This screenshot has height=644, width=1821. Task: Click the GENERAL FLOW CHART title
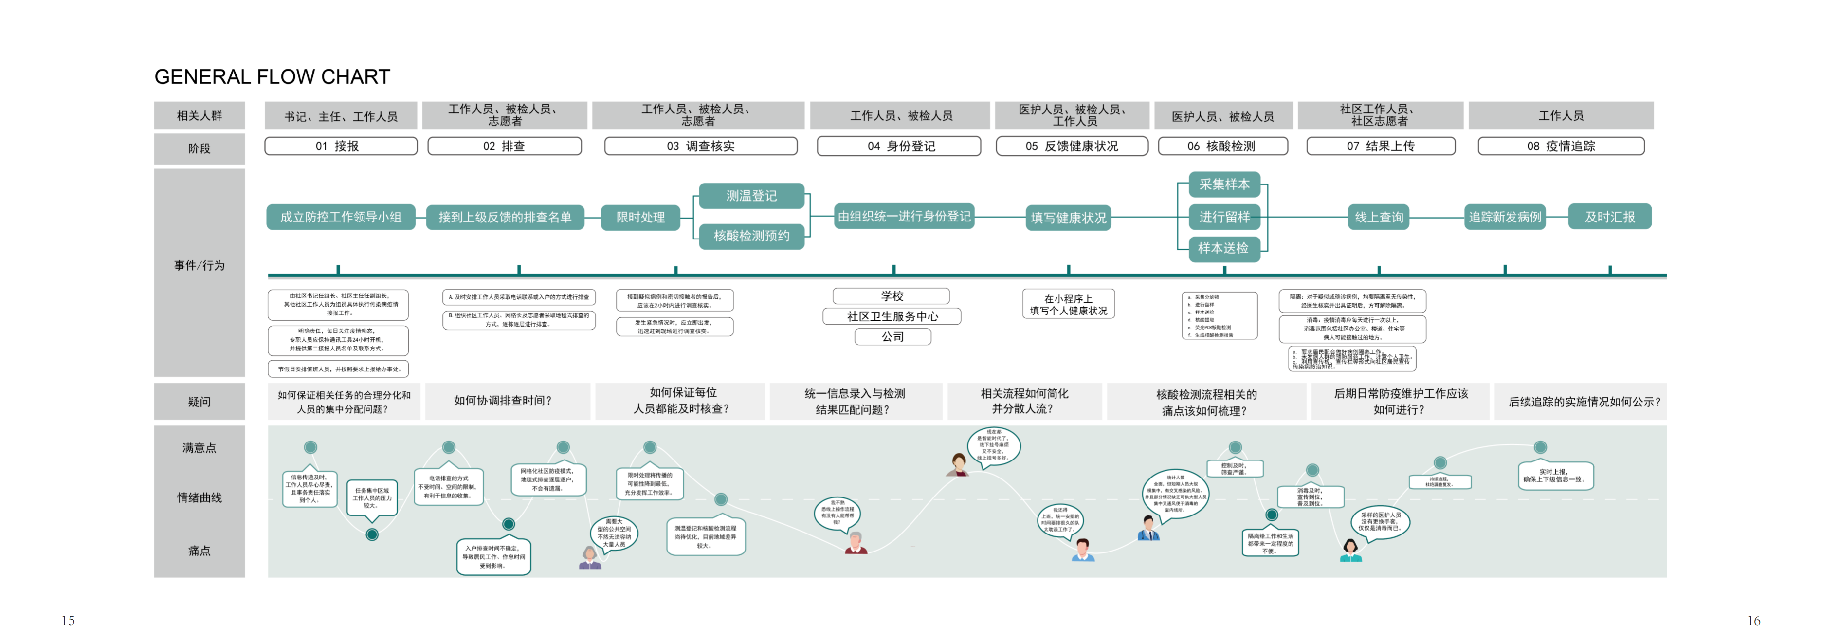(x=272, y=76)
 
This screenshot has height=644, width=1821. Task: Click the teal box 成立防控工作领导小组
(x=341, y=217)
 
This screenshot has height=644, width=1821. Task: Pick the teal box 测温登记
(x=751, y=196)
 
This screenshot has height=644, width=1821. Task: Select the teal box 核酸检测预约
(x=751, y=236)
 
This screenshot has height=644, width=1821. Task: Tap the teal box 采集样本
(x=1224, y=184)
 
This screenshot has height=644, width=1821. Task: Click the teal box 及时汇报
(x=1610, y=217)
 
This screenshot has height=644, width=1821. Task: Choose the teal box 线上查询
(x=1379, y=217)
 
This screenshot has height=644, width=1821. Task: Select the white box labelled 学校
(x=892, y=296)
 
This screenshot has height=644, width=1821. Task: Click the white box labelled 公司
(x=892, y=336)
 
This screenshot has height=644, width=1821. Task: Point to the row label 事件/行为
(x=200, y=266)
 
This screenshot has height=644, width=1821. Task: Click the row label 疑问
(x=200, y=402)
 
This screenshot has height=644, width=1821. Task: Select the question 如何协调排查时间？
(x=503, y=401)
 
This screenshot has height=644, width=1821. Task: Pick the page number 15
(x=68, y=621)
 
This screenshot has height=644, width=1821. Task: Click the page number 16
(x=1754, y=621)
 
